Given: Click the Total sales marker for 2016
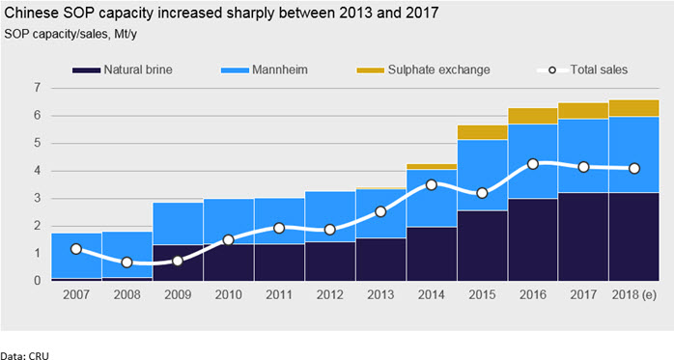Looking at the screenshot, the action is (533, 164).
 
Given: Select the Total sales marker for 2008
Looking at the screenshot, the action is (126, 263).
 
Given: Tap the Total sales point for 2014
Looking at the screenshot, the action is (431, 184).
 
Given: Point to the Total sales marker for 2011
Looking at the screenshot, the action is (279, 228).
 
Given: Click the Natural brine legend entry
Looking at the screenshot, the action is (122, 69).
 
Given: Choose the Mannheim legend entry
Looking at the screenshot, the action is (265, 69).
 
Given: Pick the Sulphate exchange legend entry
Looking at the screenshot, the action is (423, 69).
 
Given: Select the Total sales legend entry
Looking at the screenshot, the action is (582, 69).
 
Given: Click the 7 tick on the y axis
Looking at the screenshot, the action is (38, 88).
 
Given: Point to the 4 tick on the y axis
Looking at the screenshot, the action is (38, 171).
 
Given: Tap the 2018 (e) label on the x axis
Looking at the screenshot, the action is (634, 294).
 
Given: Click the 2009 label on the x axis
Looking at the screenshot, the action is (178, 294).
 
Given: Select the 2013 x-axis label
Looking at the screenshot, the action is (380, 294).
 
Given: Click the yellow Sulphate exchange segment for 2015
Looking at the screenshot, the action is (482, 132).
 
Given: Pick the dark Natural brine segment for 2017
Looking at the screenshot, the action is (583, 236).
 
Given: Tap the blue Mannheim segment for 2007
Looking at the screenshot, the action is (76, 256).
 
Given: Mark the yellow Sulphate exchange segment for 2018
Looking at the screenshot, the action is (633, 108).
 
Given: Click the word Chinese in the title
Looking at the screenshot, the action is (31, 13).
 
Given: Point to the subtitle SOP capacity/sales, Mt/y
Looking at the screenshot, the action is (70, 34).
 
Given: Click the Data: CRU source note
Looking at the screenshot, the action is (24, 356).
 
